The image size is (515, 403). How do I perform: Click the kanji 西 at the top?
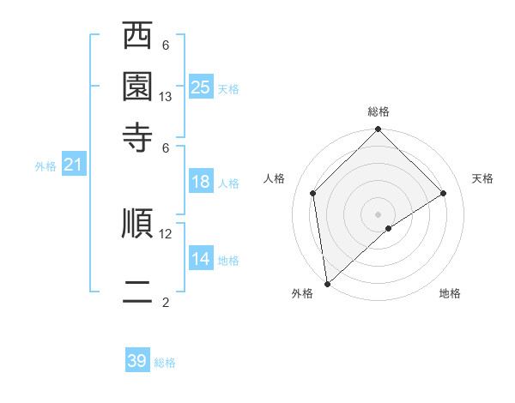(x=137, y=37)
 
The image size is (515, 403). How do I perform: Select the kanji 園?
(x=137, y=87)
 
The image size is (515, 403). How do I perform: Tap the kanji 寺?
(x=137, y=136)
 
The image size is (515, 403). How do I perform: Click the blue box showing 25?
(x=201, y=87)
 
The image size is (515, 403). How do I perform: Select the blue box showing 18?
(x=201, y=182)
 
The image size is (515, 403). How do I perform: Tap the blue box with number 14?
(x=201, y=259)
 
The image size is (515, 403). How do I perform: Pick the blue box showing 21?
(x=73, y=165)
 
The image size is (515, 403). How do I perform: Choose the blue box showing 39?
(x=137, y=361)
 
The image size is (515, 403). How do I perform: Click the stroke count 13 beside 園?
(x=166, y=98)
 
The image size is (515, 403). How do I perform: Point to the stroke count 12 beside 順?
(x=166, y=233)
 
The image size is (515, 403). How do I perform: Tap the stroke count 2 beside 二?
(x=166, y=303)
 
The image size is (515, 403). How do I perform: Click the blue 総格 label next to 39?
(x=165, y=364)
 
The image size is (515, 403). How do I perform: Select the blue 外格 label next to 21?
(x=45, y=166)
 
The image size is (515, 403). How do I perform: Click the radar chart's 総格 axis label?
(x=379, y=111)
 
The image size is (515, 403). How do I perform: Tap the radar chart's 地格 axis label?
(x=450, y=294)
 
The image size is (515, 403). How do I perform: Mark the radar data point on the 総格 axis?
(x=379, y=130)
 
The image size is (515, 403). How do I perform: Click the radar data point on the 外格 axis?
(x=327, y=284)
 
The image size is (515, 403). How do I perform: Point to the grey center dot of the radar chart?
(x=379, y=214)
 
